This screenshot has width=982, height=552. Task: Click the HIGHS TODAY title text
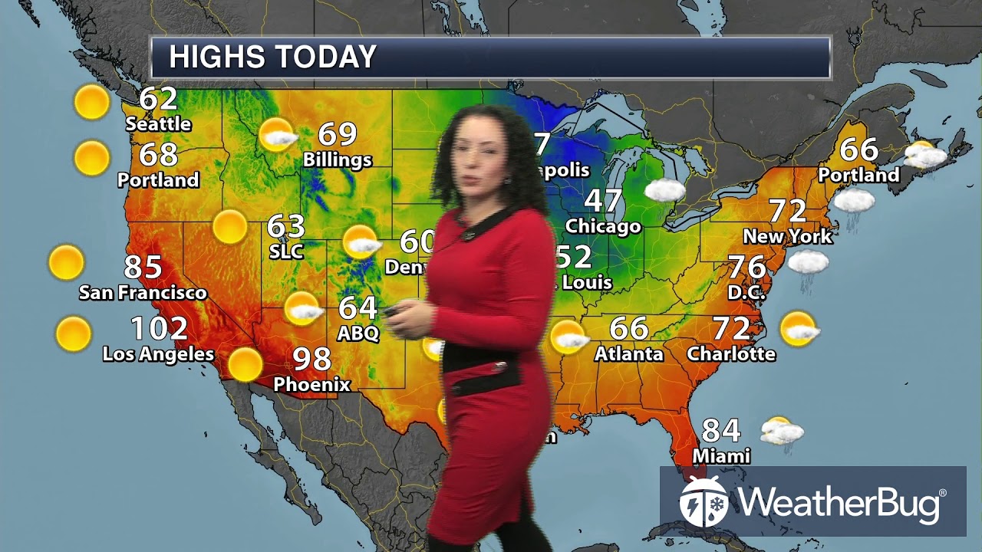click(272, 58)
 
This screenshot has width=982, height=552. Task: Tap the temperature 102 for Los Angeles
click(159, 329)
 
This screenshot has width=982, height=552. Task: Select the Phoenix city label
click(311, 384)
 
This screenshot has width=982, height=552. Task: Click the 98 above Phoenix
click(312, 359)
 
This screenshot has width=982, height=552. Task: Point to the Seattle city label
click(158, 123)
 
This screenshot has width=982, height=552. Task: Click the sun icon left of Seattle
click(92, 102)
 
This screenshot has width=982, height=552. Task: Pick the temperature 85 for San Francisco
click(143, 267)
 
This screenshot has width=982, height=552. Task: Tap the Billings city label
click(338, 160)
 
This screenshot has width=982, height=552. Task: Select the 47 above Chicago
click(604, 201)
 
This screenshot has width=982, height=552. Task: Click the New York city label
click(787, 235)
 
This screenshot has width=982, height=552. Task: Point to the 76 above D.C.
click(746, 267)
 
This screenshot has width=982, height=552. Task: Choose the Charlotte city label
click(731, 353)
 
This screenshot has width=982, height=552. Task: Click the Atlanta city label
click(629, 353)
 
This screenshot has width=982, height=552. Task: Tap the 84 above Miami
click(721, 431)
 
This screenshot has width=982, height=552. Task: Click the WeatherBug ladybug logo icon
click(704, 502)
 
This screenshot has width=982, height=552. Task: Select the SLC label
click(286, 251)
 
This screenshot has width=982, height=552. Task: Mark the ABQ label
click(358, 333)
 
